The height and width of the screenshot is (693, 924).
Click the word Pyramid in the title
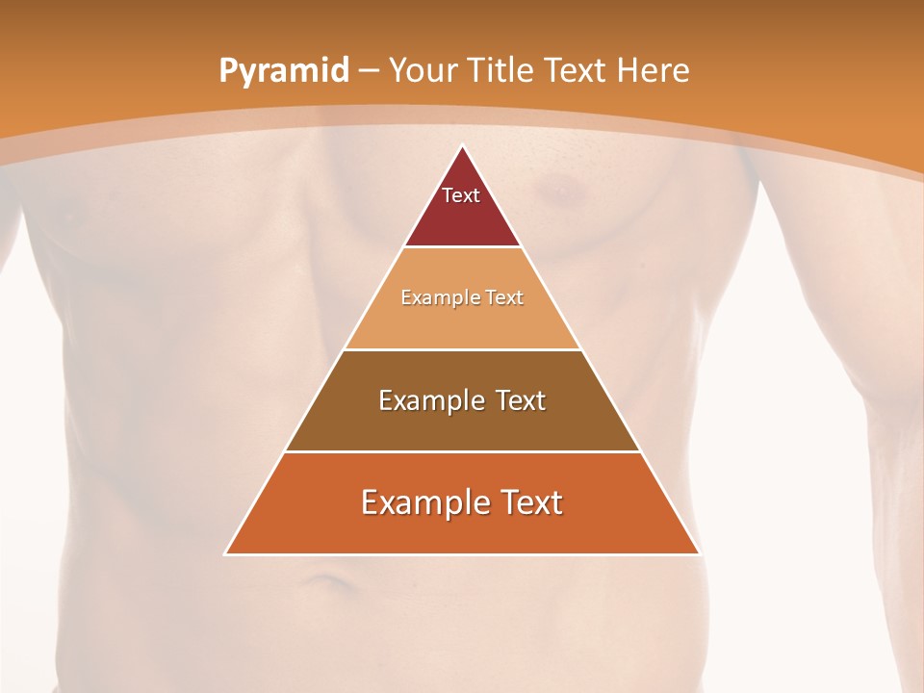tap(283, 71)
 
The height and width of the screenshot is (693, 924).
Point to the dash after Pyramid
tap(369, 71)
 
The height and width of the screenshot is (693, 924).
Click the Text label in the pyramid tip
tap(461, 195)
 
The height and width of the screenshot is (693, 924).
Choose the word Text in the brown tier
tap(521, 400)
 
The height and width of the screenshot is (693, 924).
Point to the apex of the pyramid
tap(462, 145)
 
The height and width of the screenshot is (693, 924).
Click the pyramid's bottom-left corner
tap(225, 554)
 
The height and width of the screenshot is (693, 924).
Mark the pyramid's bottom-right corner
tap(700, 554)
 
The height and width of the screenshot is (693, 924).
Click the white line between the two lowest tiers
tap(462, 451)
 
